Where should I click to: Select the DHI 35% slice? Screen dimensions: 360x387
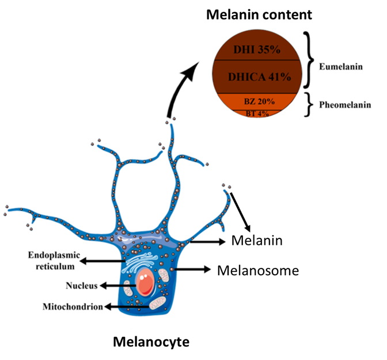tap(257, 50)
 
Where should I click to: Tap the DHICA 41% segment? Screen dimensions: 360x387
tap(257, 76)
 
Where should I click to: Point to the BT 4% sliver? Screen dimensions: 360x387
tap(257, 113)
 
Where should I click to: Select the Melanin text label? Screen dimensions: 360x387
tap(256, 241)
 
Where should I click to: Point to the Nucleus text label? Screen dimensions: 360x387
tap(76, 285)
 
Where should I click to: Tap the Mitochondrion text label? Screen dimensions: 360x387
tap(72, 306)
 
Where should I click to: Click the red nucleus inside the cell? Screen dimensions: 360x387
tap(145, 282)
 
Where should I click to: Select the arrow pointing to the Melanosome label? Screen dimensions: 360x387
tap(193, 269)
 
